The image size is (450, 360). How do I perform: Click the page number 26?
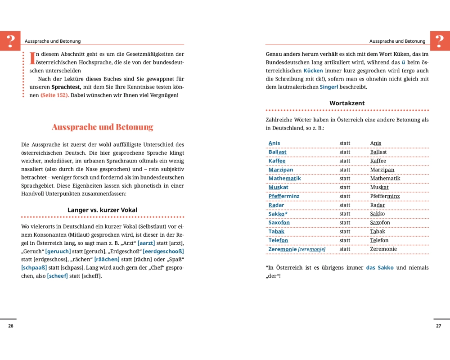tap(11, 326)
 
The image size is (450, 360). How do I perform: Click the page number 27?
tap(439, 326)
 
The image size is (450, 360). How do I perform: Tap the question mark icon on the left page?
tap(10, 41)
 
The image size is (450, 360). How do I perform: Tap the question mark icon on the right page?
tap(440, 41)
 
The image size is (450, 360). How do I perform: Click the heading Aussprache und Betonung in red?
tap(103, 127)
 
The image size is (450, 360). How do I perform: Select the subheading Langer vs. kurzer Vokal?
tap(103, 210)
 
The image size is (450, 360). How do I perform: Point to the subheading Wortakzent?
tap(347, 103)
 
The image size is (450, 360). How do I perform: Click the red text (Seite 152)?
tap(54, 95)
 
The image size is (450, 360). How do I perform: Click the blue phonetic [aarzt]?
tap(146, 243)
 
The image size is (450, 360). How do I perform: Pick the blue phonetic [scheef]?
tap(57, 276)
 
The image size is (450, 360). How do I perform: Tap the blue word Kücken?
tap(313, 71)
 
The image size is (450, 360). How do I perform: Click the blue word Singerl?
tap(329, 87)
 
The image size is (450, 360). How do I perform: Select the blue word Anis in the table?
tap(274, 143)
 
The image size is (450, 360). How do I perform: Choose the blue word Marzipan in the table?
tap(281, 170)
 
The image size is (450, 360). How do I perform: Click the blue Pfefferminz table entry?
tap(284, 196)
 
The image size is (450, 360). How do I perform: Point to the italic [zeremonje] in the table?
tap(312, 249)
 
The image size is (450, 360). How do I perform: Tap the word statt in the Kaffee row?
tap(345, 161)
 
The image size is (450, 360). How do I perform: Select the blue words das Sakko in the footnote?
tap(380, 267)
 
